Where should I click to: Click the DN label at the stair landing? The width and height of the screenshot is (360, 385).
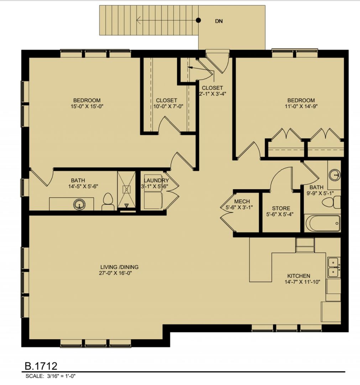pos(219,21)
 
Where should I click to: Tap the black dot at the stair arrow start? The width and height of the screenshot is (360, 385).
pos(198,20)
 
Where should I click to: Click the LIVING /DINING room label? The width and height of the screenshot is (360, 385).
pos(119,267)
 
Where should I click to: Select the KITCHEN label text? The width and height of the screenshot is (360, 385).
pos(299,276)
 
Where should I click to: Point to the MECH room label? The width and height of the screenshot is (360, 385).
pos(242,201)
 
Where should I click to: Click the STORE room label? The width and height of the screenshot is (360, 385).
pos(281,208)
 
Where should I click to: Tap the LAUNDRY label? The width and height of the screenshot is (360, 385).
pos(156,180)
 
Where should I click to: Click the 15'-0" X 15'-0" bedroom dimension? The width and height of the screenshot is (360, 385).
pos(87,107)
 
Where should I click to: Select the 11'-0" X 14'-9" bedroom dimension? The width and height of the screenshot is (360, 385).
pos(301,107)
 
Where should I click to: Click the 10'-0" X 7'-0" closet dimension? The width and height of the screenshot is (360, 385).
pos(167,107)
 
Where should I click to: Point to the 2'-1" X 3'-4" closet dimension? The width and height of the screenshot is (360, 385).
pos(212,93)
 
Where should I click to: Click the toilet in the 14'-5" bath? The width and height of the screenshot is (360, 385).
pos(108,201)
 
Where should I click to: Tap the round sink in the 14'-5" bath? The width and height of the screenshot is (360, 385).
pos(79,204)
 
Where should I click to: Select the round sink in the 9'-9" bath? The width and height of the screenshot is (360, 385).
pos(334,175)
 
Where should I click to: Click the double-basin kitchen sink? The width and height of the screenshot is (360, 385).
pos(334,267)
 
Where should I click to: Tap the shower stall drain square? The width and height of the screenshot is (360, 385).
pos(126,190)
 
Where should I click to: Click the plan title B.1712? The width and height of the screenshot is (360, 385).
pos(41,366)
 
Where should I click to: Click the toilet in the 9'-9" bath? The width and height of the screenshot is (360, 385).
pos(331,202)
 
